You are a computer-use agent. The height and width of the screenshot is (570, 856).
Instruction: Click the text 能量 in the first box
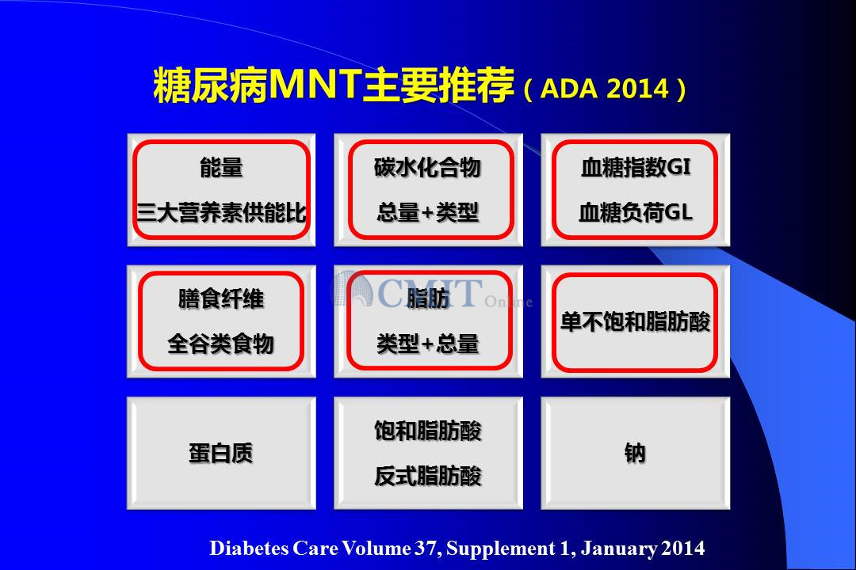(221, 168)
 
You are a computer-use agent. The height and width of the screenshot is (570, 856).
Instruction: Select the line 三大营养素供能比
(221, 212)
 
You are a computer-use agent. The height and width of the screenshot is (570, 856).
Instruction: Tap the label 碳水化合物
(427, 168)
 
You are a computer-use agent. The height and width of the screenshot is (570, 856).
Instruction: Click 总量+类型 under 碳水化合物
(427, 212)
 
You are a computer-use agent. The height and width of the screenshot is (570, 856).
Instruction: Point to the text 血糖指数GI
(636, 167)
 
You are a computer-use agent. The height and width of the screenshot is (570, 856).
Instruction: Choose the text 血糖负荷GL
(636, 211)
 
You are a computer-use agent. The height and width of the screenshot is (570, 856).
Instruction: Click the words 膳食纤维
(221, 299)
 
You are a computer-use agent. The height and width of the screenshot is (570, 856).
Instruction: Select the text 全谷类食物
(221, 344)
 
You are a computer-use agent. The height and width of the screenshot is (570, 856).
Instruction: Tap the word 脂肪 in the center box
(428, 298)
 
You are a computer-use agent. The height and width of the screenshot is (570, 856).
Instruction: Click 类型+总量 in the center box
(427, 344)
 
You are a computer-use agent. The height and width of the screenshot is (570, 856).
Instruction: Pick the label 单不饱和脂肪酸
(636, 321)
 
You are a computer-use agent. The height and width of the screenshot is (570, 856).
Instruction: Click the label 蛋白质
(221, 453)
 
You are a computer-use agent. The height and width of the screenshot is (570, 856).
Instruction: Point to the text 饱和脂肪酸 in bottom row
(428, 431)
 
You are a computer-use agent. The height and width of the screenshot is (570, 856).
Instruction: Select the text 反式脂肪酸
(428, 475)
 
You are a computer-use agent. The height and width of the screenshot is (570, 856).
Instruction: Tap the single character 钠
(636, 453)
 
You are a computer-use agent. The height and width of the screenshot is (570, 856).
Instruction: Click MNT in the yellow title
(315, 85)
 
